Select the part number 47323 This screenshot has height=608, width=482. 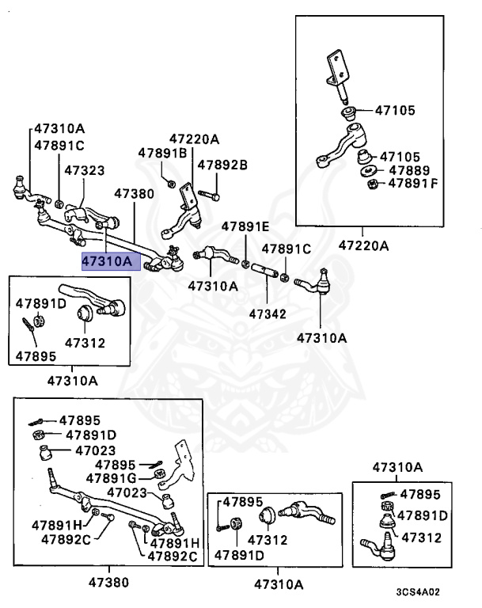pyautogui.click(x=84, y=170)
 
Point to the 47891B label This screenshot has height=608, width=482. pyautogui.click(x=162, y=153)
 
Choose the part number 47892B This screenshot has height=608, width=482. pyautogui.click(x=222, y=165)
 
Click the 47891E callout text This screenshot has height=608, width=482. pyautogui.click(x=245, y=226)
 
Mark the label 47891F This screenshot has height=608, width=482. pyautogui.click(x=412, y=184)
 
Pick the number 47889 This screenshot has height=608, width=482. pyautogui.click(x=408, y=170)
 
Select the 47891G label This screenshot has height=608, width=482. pyautogui.click(x=116, y=477)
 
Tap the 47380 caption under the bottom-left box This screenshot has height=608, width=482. pyautogui.click(x=111, y=583)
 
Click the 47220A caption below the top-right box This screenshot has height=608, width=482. pyautogui.click(x=363, y=245)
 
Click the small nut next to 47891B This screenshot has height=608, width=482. pyautogui.click(x=172, y=183)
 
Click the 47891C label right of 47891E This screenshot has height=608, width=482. pyautogui.click(x=287, y=248)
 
